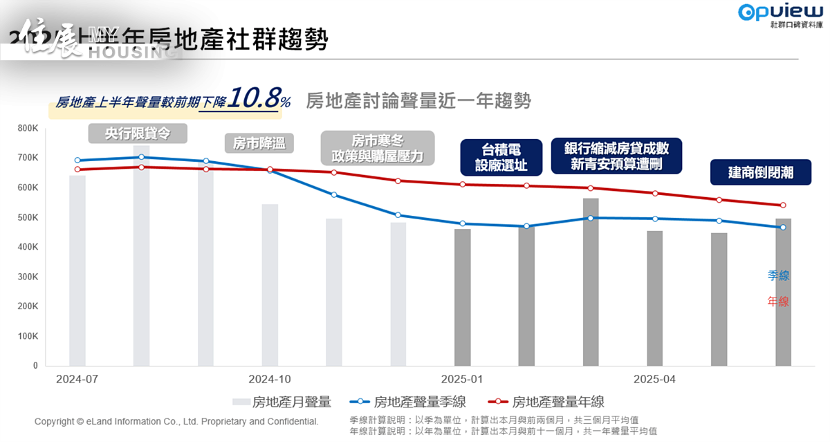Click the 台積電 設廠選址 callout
(x=501, y=157)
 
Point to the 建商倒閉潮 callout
(x=761, y=172)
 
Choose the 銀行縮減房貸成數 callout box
(x=616, y=156)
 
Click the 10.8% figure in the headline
(x=259, y=98)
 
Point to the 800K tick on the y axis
(x=28, y=129)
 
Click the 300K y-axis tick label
(x=28, y=277)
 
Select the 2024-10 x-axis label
(x=270, y=379)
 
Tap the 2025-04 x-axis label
(x=654, y=379)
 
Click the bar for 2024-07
(x=77, y=270)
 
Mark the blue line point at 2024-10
(x=270, y=169)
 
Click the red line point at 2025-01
(x=462, y=185)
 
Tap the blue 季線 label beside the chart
(x=778, y=275)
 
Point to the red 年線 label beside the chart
(x=778, y=302)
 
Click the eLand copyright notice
(x=176, y=421)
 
